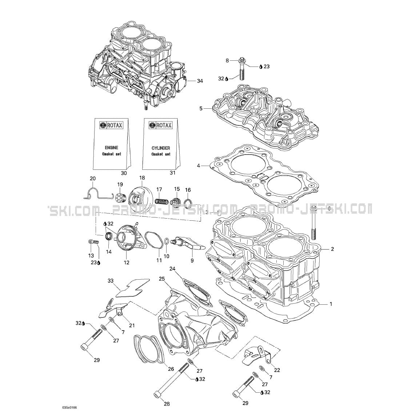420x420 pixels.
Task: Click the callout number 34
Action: (x=199, y=81)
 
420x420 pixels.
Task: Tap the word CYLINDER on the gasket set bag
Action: (x=160, y=148)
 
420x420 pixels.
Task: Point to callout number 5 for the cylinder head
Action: (x=201, y=108)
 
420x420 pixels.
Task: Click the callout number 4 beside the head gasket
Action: (x=199, y=166)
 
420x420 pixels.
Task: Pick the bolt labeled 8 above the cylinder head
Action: (x=242, y=69)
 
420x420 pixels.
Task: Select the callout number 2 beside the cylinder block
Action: (x=332, y=249)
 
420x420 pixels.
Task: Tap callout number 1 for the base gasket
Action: (x=331, y=304)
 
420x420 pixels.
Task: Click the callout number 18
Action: (x=142, y=177)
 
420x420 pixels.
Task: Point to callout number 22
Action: (x=277, y=370)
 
